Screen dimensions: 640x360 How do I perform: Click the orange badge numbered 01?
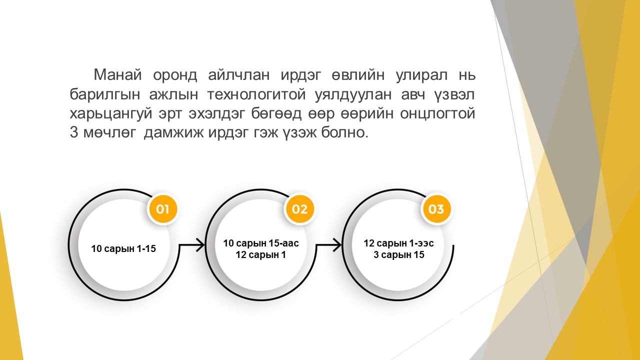tap(162, 209)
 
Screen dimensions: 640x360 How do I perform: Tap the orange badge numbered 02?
tap(299, 209)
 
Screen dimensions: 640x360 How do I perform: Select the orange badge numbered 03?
tap(436, 209)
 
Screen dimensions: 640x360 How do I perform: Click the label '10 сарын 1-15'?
tap(123, 248)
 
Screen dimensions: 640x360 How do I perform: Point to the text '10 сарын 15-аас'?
tap(261, 243)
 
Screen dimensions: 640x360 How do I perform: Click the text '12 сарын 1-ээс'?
tap(398, 243)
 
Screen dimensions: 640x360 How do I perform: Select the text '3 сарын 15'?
tap(399, 254)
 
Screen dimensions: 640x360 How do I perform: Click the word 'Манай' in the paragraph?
tap(117, 75)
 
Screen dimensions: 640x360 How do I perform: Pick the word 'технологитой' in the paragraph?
tap(256, 94)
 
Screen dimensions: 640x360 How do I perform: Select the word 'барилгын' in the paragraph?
tap(105, 94)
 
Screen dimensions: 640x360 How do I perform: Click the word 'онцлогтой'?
tap(437, 113)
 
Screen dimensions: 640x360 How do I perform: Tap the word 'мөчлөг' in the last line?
tap(109, 132)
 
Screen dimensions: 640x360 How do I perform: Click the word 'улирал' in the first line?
tap(421, 75)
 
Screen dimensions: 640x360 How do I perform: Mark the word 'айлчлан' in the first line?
tap(239, 75)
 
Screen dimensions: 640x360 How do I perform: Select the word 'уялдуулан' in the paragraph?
tap(353, 94)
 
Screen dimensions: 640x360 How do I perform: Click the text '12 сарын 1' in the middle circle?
tap(260, 254)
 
